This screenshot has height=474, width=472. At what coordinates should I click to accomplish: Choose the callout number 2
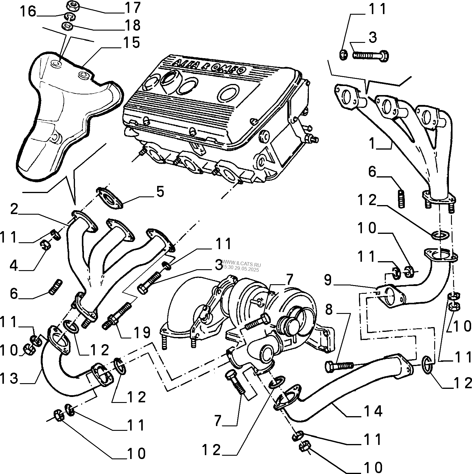coord(14,209)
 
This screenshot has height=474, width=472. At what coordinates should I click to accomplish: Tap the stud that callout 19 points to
coord(118,315)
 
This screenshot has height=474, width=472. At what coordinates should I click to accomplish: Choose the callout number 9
coord(328,280)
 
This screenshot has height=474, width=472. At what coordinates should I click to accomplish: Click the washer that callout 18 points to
coord(68,27)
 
